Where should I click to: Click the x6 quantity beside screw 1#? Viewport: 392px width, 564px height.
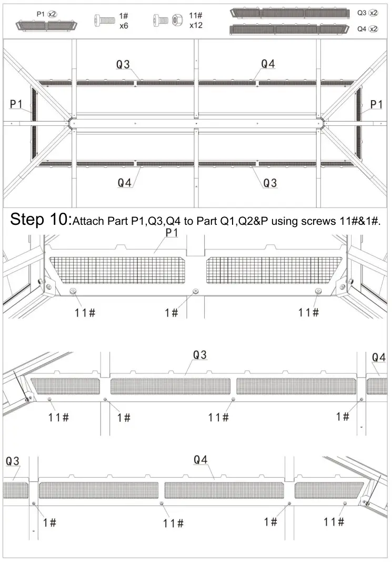[124, 25]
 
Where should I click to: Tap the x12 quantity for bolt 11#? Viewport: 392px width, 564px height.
[196, 25]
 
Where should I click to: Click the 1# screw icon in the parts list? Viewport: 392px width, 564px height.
[104, 21]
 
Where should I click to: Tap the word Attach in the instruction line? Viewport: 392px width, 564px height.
[88, 221]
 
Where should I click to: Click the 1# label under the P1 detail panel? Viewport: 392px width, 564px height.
[172, 313]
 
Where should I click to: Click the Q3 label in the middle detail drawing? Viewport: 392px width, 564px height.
[199, 355]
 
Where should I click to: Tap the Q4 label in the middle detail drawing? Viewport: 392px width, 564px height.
[378, 358]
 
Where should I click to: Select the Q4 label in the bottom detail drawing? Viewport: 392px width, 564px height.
[200, 460]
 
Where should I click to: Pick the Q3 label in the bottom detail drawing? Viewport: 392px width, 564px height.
[13, 461]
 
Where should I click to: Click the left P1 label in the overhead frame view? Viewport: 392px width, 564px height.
[16, 105]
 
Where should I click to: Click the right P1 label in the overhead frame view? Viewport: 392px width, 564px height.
[376, 105]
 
